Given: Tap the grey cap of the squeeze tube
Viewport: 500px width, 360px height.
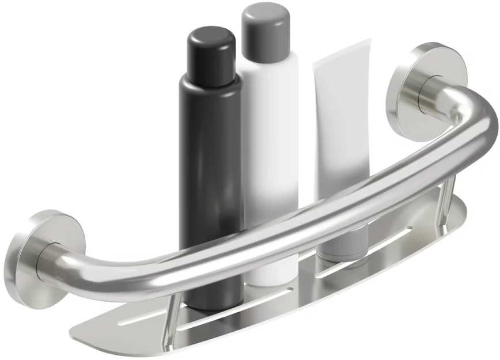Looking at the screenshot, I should (x=343, y=242).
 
